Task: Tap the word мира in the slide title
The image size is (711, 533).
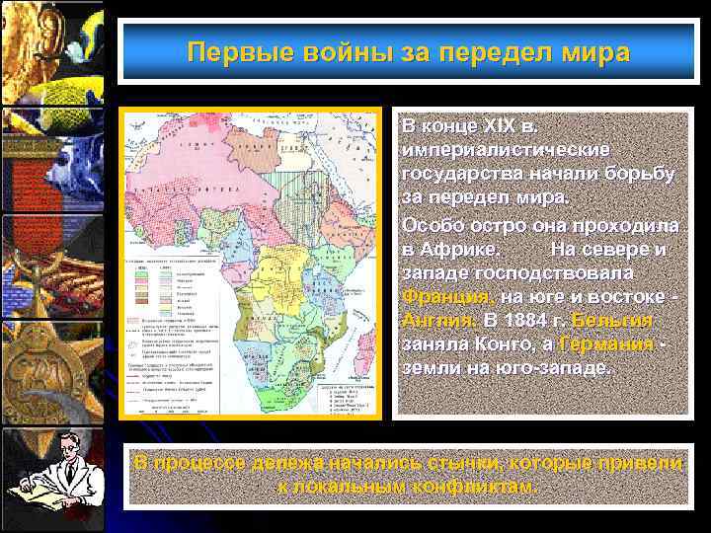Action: tap(595, 52)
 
